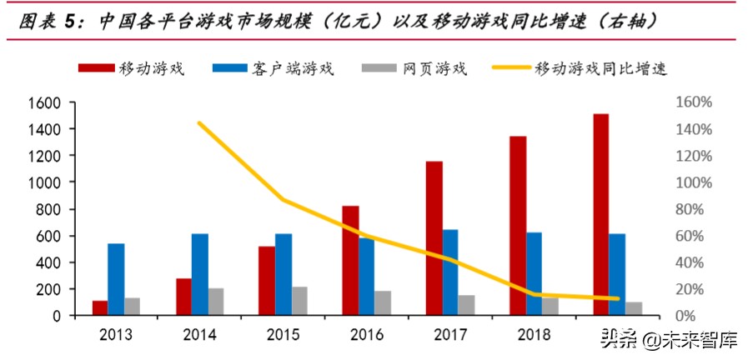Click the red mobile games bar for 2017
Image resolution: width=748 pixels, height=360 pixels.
tap(434, 238)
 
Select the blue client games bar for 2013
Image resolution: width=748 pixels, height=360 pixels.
tap(116, 279)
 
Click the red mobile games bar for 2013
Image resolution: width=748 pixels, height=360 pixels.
tap(100, 307)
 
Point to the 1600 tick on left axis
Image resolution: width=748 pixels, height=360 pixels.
tap(47, 102)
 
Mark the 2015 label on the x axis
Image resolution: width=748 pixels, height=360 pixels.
tap(283, 335)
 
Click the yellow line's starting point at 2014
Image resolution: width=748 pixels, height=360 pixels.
tap(199, 123)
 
